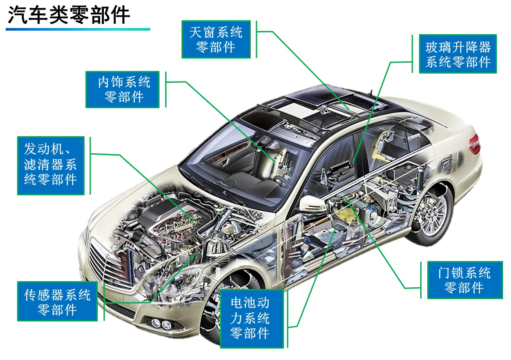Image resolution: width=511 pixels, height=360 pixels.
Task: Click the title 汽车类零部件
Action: (x=69, y=15)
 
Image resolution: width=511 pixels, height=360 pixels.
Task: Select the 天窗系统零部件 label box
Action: (x=216, y=39)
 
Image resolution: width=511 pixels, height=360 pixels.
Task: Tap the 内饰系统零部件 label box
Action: (x=122, y=89)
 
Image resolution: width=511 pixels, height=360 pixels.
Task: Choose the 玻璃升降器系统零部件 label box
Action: (x=458, y=54)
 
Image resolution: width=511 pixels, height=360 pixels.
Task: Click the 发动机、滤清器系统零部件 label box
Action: (x=50, y=166)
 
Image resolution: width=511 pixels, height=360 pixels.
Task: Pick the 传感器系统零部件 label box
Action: (x=57, y=301)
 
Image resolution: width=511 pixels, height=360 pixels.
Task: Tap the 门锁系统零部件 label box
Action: (x=465, y=280)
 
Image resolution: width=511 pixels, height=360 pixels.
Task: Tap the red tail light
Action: (x=474, y=144)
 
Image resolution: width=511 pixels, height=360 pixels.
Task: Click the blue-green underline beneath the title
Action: (x=78, y=29)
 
